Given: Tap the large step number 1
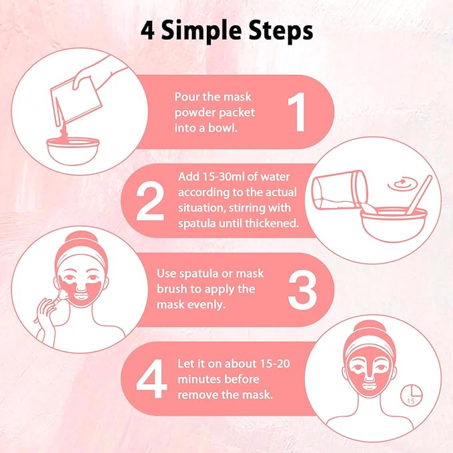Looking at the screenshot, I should (x=296, y=111).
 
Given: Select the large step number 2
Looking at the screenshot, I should (x=149, y=200).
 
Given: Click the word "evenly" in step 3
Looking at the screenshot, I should (x=204, y=305).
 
